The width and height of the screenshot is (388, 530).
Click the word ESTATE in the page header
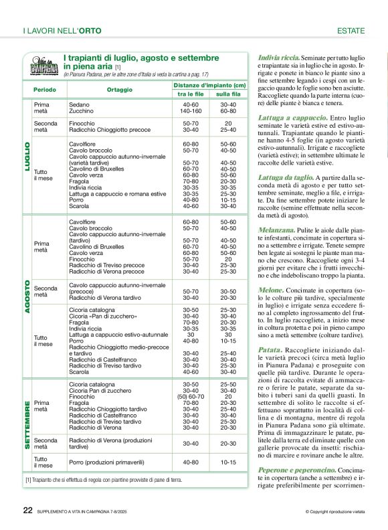351,31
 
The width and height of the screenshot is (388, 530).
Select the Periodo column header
45,89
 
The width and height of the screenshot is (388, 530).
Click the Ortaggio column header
119,89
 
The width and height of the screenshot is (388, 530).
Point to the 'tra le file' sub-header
190,94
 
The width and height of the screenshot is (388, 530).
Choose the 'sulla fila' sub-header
227,94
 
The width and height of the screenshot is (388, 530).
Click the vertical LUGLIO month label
27,157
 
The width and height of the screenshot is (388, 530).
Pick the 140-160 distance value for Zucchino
190,111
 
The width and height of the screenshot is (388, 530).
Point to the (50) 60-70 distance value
190,397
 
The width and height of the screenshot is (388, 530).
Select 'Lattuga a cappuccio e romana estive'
117,193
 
